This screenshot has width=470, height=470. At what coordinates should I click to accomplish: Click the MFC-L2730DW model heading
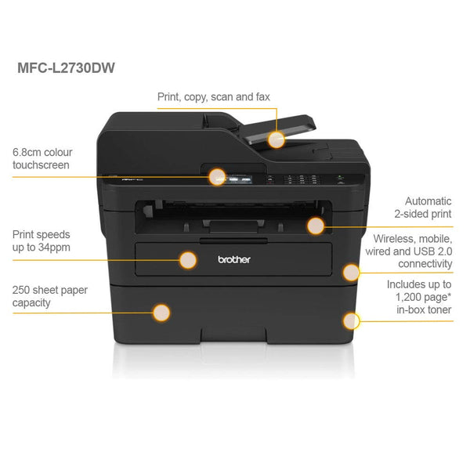[x=67, y=67]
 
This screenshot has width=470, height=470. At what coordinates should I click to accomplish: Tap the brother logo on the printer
[x=234, y=259]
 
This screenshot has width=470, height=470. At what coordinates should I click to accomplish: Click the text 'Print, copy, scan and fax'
[x=214, y=97]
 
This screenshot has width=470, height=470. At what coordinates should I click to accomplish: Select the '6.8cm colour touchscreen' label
[x=42, y=158]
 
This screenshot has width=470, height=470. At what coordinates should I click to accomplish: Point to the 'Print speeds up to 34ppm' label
[x=42, y=240]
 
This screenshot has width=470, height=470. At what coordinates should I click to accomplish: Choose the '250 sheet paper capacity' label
[x=49, y=296]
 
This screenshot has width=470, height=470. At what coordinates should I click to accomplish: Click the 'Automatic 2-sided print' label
[x=423, y=207]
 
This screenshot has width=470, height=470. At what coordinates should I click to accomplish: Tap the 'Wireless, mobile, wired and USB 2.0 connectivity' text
[x=413, y=251]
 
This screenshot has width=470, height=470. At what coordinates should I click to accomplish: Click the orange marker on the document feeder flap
[x=276, y=139]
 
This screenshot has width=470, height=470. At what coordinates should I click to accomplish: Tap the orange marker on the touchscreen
[x=218, y=177]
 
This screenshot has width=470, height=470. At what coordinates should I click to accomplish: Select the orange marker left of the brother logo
[x=188, y=260]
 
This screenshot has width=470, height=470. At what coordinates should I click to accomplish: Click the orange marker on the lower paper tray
[x=161, y=313]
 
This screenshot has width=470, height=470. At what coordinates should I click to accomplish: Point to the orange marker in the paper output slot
[x=315, y=226]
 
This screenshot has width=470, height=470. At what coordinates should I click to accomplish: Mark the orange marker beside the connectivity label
[x=351, y=272]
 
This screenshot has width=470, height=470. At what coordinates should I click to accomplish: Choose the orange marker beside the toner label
[x=351, y=320]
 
